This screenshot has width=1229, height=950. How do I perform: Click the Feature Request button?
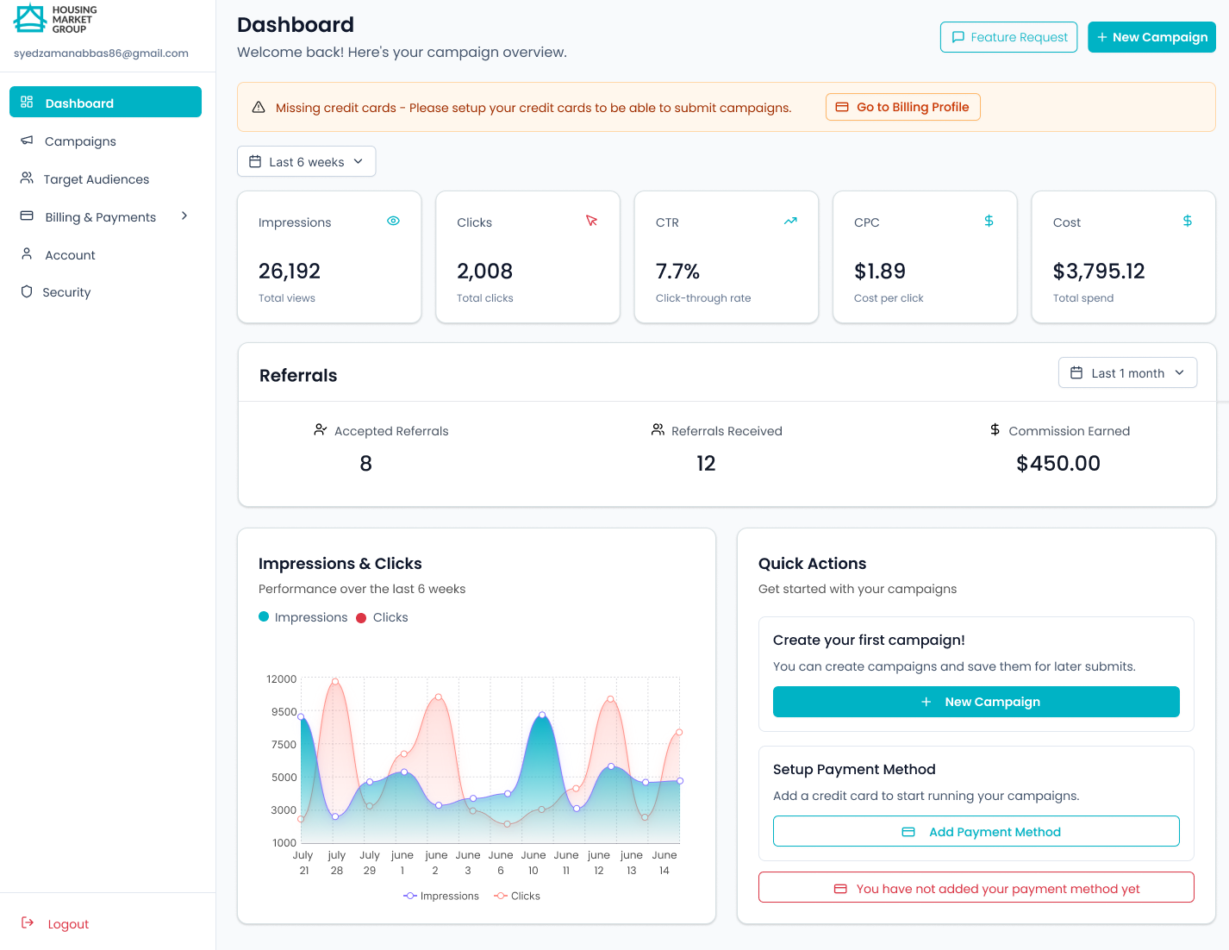click(1008, 37)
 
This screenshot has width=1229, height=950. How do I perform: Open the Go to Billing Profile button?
click(902, 107)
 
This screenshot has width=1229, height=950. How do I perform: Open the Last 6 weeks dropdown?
click(306, 162)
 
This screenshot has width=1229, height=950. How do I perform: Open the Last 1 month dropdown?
click(1127, 372)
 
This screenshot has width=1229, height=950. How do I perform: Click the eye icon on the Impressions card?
click(393, 221)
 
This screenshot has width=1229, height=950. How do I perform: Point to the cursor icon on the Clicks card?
click(591, 221)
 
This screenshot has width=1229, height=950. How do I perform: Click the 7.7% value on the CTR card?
click(677, 272)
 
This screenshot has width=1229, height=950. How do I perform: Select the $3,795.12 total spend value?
click(1098, 272)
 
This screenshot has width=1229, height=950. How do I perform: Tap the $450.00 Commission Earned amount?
click(1057, 463)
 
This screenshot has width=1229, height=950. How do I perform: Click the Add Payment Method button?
click(976, 831)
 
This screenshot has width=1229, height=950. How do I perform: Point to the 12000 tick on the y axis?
click(281, 678)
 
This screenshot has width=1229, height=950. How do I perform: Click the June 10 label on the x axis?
click(533, 862)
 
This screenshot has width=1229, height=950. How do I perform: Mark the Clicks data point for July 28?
click(335, 681)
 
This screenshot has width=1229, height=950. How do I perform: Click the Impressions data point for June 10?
click(542, 715)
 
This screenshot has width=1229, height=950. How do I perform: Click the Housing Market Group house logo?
click(30, 18)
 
